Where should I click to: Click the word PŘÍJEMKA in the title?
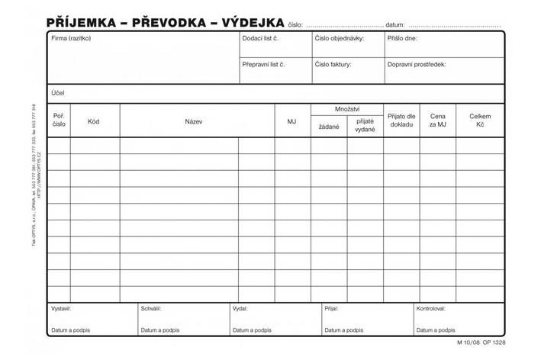click(81, 23)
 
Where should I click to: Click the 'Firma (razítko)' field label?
click(70, 38)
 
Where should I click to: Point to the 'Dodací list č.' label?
click(260, 38)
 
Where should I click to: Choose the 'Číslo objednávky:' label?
click(339, 38)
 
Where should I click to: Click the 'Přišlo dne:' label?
click(402, 38)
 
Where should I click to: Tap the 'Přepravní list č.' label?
click(263, 65)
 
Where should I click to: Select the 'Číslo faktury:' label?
click(333, 65)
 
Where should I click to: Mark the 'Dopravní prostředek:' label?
click(416, 65)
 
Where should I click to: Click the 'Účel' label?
click(57, 92)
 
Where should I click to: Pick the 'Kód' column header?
click(93, 121)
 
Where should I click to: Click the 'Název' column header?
click(193, 121)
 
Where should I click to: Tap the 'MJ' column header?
click(291, 121)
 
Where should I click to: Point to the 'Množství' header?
click(347, 110)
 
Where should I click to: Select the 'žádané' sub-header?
click(329, 127)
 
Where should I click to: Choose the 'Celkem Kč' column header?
click(480, 121)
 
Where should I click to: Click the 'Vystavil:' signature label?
click(61, 310)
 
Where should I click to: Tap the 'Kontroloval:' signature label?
click(430, 310)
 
